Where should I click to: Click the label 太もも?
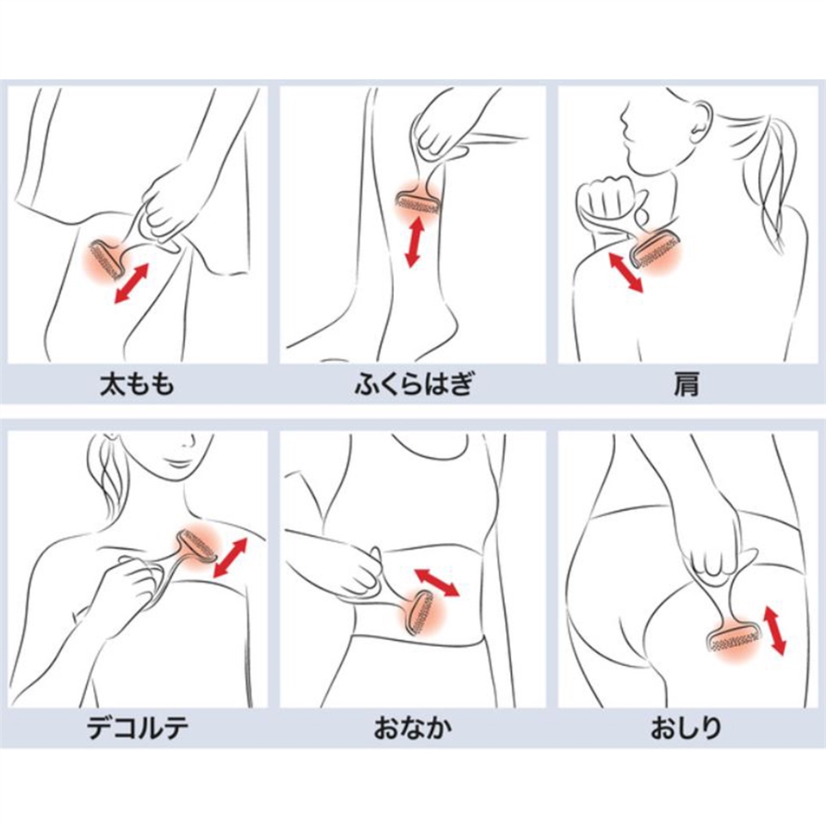(x=137, y=384)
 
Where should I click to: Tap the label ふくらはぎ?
(x=414, y=384)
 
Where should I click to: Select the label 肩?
(x=687, y=384)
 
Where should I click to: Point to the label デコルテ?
(x=138, y=728)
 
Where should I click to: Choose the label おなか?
(x=413, y=728)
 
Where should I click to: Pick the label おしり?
(x=686, y=728)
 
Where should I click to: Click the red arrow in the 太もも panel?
(x=132, y=283)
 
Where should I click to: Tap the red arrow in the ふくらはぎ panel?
(x=415, y=243)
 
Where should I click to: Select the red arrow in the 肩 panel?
(x=626, y=272)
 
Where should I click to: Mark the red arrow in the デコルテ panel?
(x=231, y=558)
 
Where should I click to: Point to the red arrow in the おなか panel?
(x=437, y=582)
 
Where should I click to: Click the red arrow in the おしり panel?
(x=774, y=630)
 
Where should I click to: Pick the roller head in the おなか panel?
(x=420, y=612)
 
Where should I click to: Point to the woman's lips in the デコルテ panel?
(x=177, y=463)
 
